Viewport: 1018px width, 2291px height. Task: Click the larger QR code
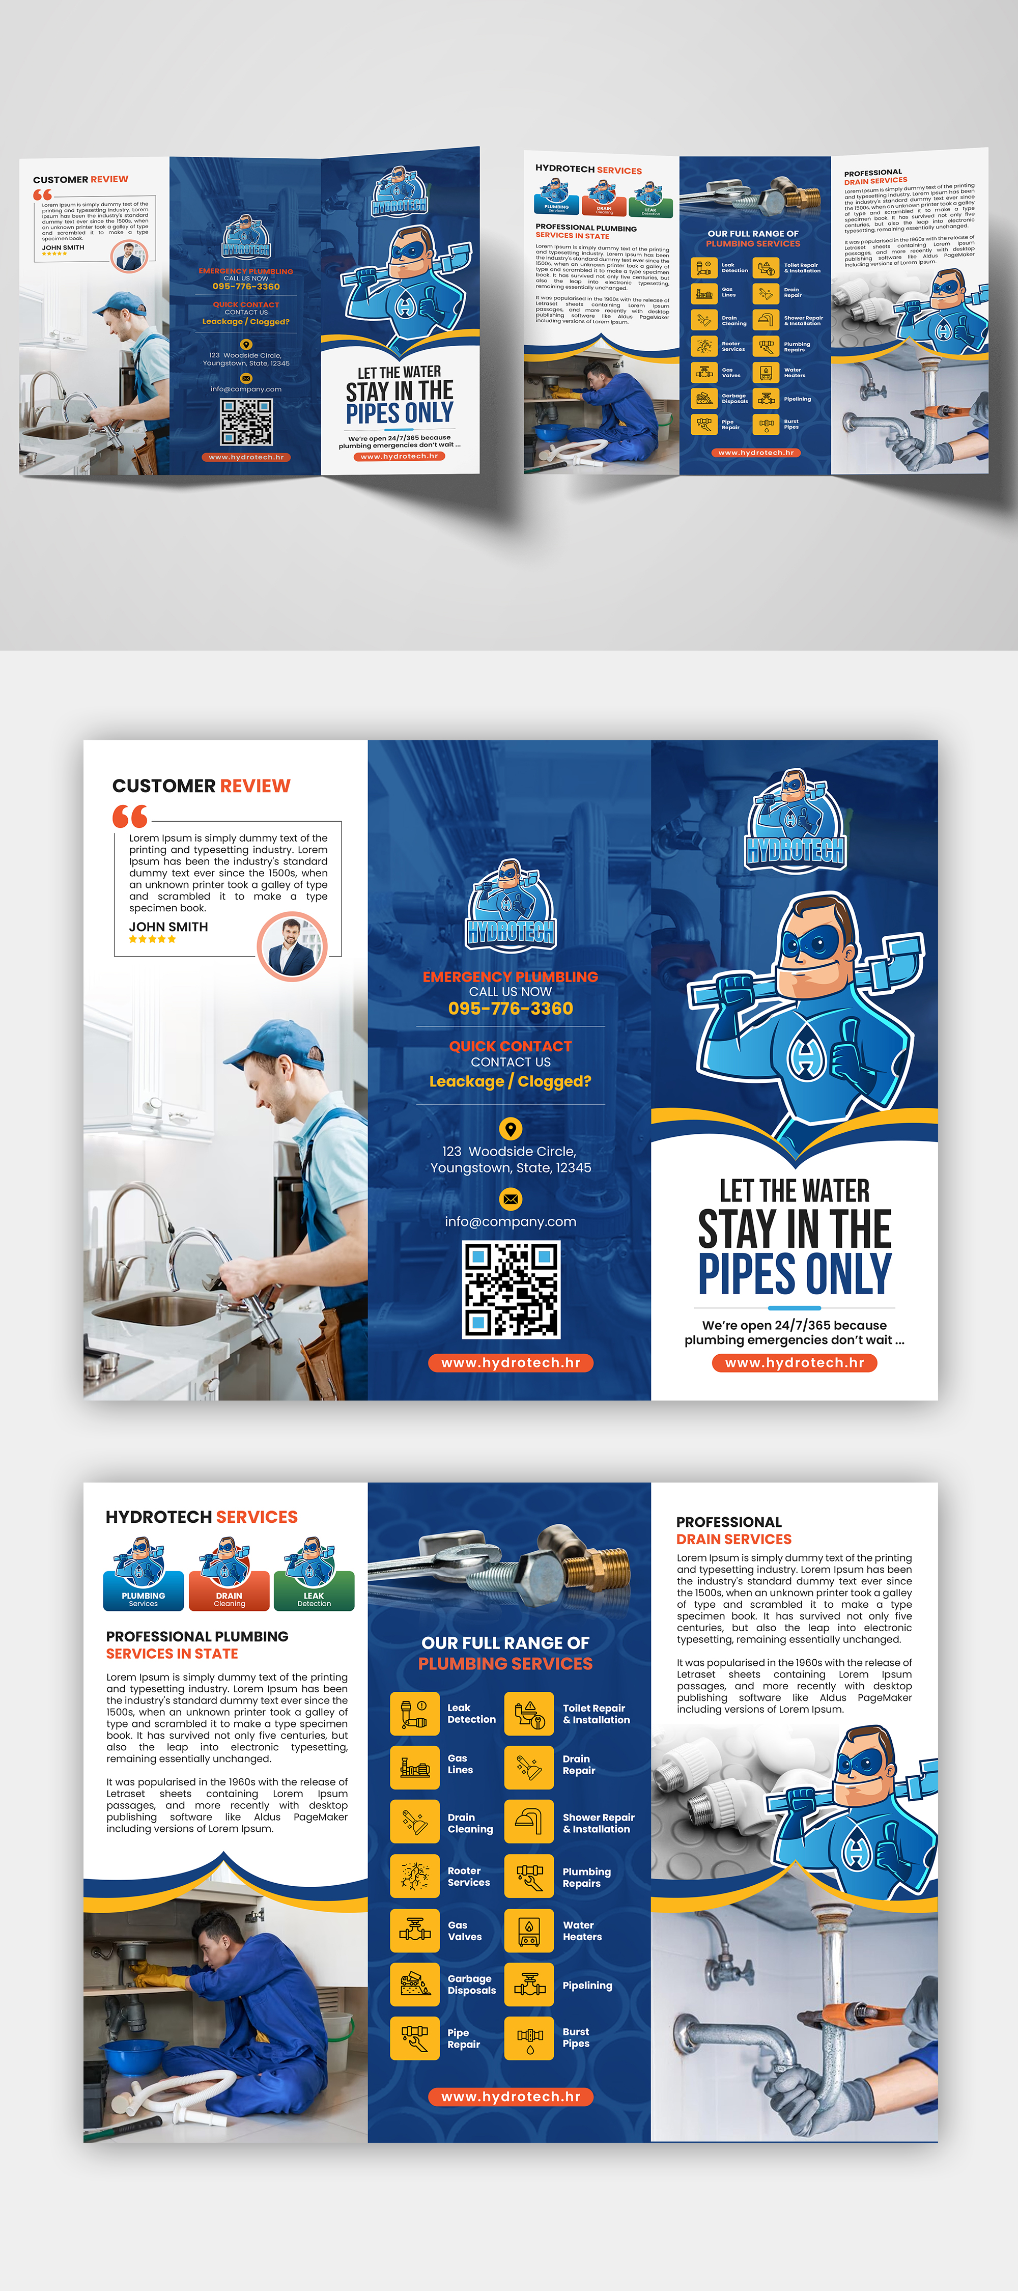click(x=511, y=1290)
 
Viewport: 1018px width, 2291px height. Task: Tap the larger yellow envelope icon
click(x=511, y=1199)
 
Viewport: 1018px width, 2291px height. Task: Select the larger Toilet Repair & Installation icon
click(x=529, y=1713)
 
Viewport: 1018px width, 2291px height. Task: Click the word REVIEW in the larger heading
click(x=255, y=786)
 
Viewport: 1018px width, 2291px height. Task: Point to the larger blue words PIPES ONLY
click(x=794, y=1274)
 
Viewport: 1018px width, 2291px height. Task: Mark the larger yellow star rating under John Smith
click(x=152, y=939)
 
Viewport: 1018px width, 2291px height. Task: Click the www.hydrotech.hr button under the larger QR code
click(x=511, y=1362)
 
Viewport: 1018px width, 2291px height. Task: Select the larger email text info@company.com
click(x=511, y=1222)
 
